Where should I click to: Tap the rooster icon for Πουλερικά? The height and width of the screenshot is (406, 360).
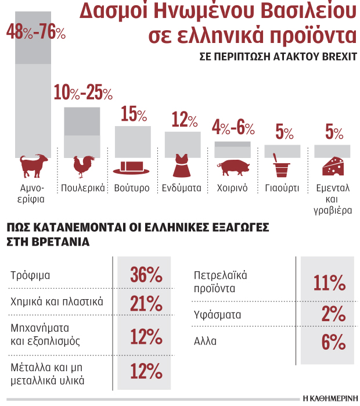click(81, 167)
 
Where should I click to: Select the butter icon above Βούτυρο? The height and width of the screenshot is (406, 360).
click(132, 167)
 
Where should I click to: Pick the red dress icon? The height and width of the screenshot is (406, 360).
click(181, 166)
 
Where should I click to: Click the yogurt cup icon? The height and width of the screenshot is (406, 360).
click(282, 167)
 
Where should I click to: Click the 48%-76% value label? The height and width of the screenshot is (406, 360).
click(35, 33)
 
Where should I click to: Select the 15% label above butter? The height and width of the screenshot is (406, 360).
click(133, 114)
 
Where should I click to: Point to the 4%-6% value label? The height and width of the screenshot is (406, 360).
click(233, 127)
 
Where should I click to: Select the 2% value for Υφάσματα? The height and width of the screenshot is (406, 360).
click(333, 314)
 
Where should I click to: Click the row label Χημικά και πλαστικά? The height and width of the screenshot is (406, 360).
click(57, 301)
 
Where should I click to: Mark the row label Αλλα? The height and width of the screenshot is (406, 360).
click(205, 342)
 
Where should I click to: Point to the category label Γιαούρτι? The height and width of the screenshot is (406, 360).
click(282, 188)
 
